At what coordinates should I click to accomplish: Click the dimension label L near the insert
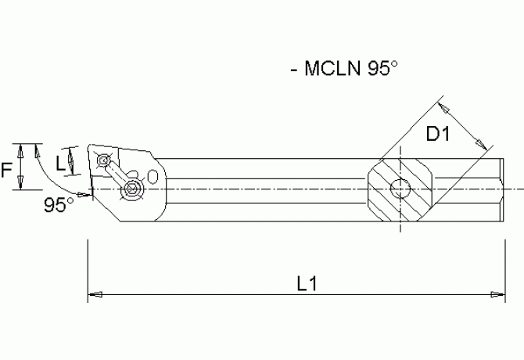click(x=61, y=163)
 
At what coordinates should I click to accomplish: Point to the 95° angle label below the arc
click(x=59, y=204)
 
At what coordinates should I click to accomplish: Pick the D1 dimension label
click(x=438, y=135)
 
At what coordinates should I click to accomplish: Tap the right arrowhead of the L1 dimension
click(x=496, y=295)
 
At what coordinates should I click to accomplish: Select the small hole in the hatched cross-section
click(x=400, y=188)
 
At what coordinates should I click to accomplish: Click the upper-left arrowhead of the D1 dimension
click(x=443, y=103)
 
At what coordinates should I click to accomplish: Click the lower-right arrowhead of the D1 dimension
click(x=483, y=146)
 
